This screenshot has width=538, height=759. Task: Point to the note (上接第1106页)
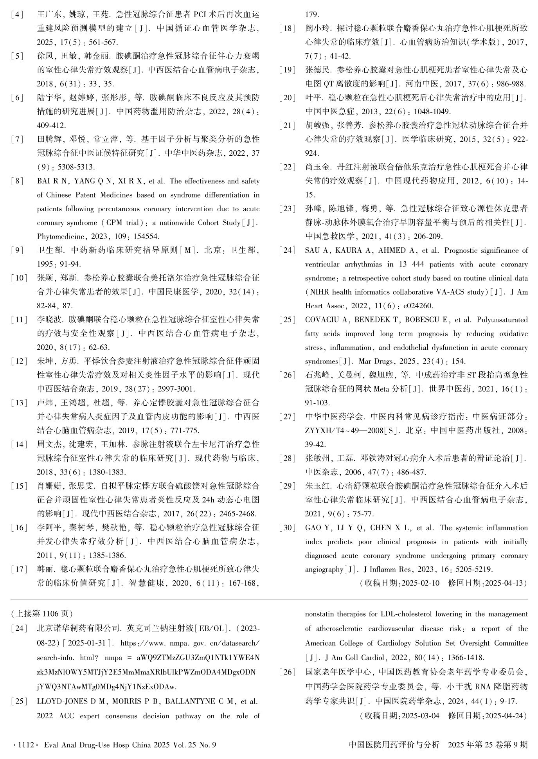pyautogui.click(x=42, y=613)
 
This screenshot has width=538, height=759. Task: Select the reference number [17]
pyautogui.click(x=19, y=569)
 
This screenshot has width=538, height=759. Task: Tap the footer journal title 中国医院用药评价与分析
pyautogui.click(x=394, y=745)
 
